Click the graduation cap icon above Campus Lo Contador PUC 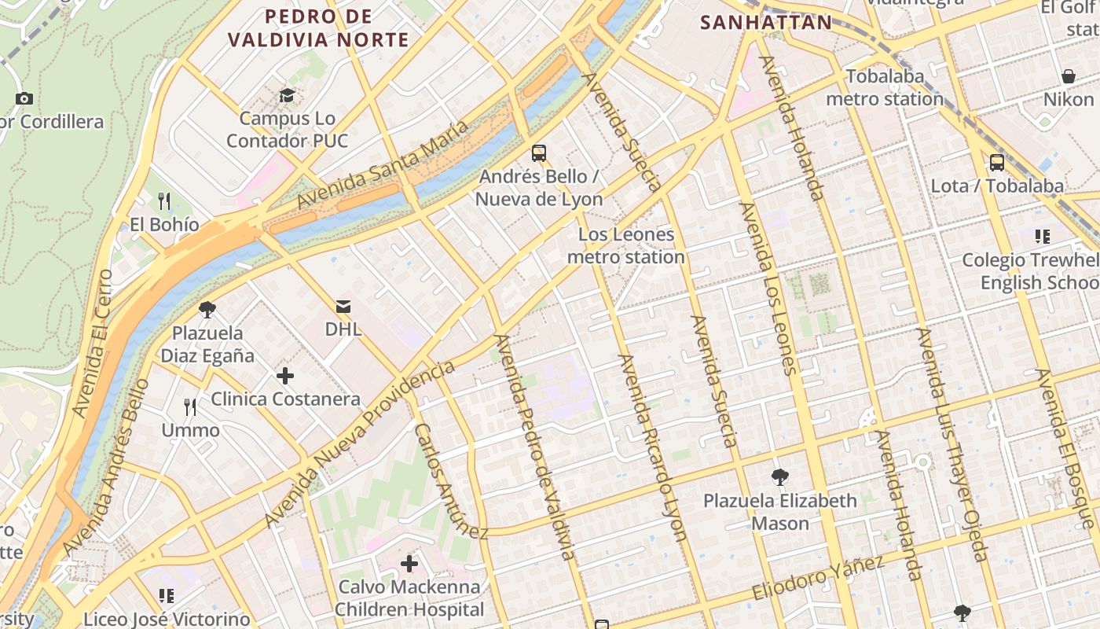coord(287,96)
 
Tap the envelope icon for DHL coord(343,306)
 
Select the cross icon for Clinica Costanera coord(285,376)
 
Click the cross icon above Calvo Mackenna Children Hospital coord(409,564)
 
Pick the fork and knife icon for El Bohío coord(164,201)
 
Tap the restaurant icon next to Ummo coord(190,406)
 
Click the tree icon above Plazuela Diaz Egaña coord(207,310)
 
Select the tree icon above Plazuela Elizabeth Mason coord(779,477)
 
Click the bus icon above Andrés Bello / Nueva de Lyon coord(539,153)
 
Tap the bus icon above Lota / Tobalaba coord(997,163)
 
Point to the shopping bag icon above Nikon coord(1069,76)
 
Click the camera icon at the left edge coord(24,98)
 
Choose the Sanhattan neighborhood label coord(765,22)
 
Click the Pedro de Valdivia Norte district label coord(318,28)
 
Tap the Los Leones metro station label coord(626,245)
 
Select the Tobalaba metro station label coord(884,88)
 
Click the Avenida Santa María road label coord(383,165)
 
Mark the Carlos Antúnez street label coord(451,481)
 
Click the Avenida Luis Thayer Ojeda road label coord(951,445)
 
